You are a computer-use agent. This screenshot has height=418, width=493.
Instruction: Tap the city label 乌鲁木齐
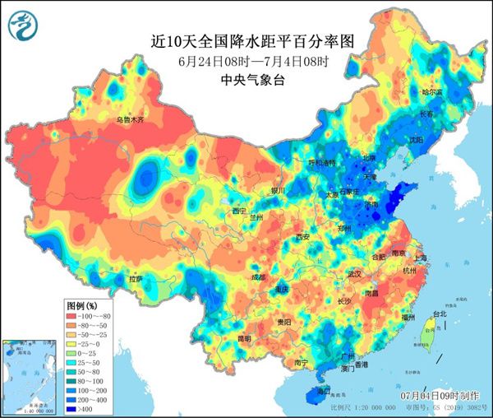click(129, 120)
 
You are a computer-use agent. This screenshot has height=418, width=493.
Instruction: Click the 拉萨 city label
click(136, 279)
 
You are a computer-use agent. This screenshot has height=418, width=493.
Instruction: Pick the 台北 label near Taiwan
click(440, 313)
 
